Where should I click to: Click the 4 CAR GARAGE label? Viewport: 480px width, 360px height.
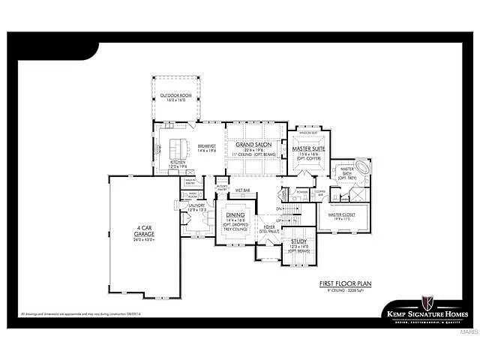[145, 231]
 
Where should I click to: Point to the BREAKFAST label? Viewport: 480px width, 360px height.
[206, 146]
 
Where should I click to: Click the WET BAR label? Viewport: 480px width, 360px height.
[242, 190]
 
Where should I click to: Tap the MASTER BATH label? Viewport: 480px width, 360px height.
[346, 172]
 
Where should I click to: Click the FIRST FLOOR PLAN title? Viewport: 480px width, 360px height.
[346, 283]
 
